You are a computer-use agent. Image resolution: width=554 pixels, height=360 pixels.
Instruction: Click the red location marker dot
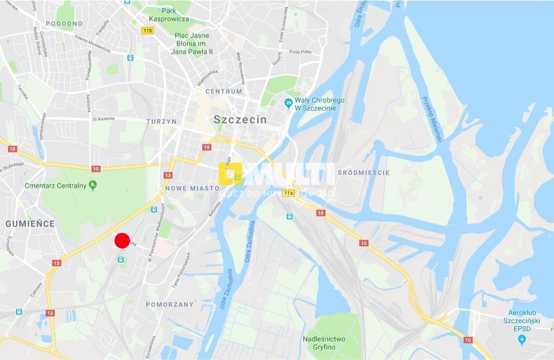[122, 240]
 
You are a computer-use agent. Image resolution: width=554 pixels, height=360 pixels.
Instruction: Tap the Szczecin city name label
[240, 120]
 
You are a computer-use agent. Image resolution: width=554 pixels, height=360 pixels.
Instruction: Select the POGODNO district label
[64, 23]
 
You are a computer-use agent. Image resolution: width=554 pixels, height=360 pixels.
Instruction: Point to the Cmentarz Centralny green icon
[93, 185]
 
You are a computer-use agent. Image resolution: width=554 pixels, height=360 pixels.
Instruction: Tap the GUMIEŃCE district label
[30, 223]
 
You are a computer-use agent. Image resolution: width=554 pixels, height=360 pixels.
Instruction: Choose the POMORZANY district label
[169, 304]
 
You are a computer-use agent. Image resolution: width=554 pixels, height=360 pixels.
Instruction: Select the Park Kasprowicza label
[168, 15]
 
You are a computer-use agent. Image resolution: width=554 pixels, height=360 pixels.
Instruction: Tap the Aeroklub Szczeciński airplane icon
[522, 339]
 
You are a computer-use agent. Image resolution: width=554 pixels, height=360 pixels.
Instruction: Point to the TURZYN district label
[161, 122]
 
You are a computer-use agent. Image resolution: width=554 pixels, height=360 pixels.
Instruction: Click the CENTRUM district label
[223, 91]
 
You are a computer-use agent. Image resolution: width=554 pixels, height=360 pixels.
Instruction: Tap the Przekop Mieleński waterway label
[432, 123]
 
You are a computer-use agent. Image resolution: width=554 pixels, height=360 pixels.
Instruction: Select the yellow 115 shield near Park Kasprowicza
[148, 31]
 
